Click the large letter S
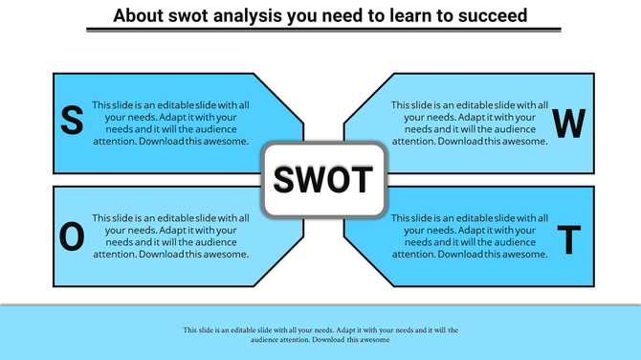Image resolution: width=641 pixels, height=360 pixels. pos(71,121)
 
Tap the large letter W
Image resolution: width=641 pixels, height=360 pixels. pos(569,124)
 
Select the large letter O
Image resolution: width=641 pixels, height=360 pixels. pos(72,237)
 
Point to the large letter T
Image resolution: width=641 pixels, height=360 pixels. pos(569,240)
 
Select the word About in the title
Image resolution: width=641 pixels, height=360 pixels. pos(139,16)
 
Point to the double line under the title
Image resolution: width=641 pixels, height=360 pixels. pos(320,31)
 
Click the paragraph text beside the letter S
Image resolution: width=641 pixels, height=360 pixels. pos(171,123)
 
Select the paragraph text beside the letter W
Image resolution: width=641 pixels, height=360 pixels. pos(470,123)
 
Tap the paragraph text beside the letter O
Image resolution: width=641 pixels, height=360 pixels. pos(171,236)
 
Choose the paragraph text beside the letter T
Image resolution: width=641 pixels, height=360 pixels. pos(470,236)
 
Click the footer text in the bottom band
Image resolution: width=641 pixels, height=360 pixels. pos(320,334)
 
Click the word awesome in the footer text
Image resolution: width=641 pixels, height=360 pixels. pos(374,340)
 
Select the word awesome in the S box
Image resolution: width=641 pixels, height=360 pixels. pos(228,141)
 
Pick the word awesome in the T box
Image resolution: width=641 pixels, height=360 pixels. pos(526,254)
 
